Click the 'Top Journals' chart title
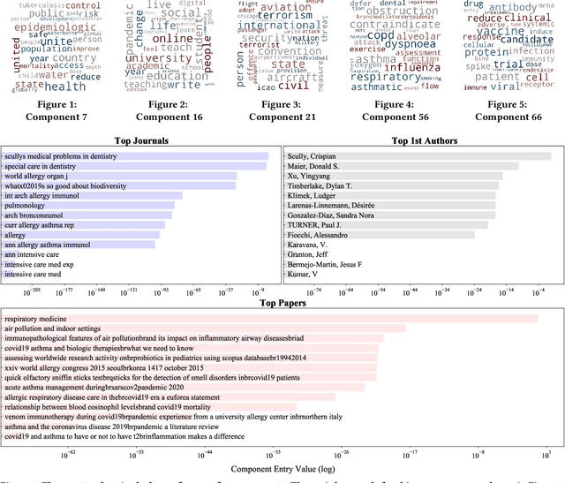click(142, 140)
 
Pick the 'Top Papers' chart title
click(282, 303)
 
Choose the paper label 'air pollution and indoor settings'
click(55, 328)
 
